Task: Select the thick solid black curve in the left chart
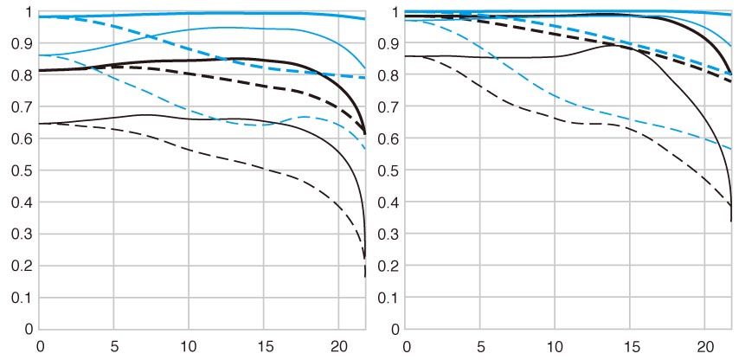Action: coord(189,61)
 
